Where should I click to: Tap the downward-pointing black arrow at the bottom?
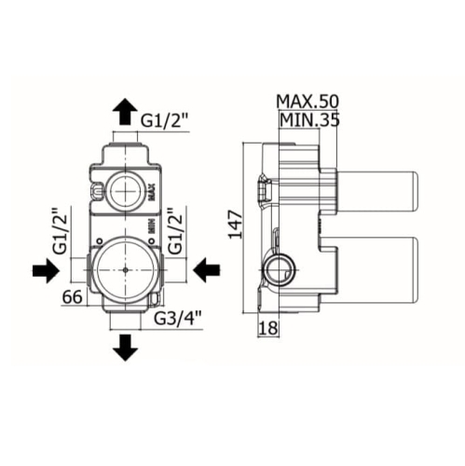tap(125, 348)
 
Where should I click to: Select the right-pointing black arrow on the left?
tap(46, 270)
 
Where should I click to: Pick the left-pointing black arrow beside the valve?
tap(207, 270)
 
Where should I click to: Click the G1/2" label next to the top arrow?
tap(165, 121)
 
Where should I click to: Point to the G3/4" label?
tap(178, 318)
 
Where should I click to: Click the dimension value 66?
tap(73, 296)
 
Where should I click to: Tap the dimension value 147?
tap(236, 225)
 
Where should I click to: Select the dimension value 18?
tap(268, 328)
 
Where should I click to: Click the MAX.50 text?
tap(308, 102)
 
